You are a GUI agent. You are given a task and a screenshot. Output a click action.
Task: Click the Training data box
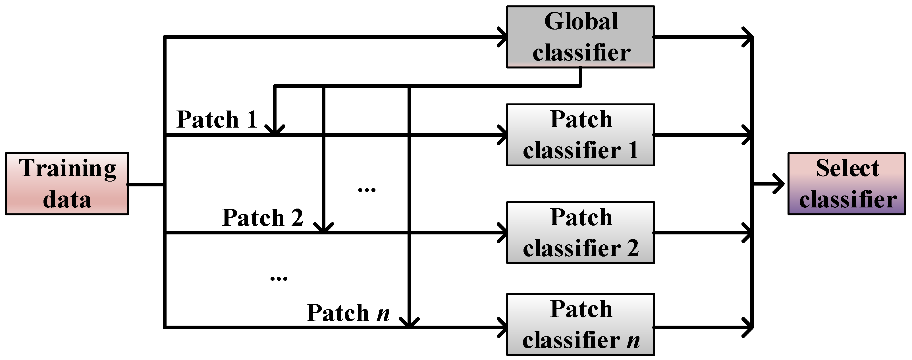[67, 184]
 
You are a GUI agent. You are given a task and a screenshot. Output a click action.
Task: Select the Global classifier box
[580, 37]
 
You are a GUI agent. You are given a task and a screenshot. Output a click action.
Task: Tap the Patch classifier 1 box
[580, 135]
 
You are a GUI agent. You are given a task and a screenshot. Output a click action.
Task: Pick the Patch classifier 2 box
[580, 233]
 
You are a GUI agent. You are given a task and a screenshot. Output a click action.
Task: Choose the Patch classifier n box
[580, 324]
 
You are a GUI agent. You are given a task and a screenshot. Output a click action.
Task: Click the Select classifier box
[846, 184]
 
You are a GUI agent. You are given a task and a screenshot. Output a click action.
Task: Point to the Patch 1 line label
[217, 119]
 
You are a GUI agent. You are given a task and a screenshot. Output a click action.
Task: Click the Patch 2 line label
[262, 217]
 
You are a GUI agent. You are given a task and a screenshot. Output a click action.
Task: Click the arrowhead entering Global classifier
[503, 37]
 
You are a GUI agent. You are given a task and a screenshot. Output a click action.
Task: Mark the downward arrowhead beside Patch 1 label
[275, 130]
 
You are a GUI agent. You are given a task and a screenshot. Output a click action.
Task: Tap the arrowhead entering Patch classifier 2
[503, 233]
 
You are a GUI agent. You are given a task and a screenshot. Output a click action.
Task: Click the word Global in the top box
[581, 21]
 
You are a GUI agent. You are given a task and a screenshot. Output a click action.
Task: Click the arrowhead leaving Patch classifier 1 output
[748, 135]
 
